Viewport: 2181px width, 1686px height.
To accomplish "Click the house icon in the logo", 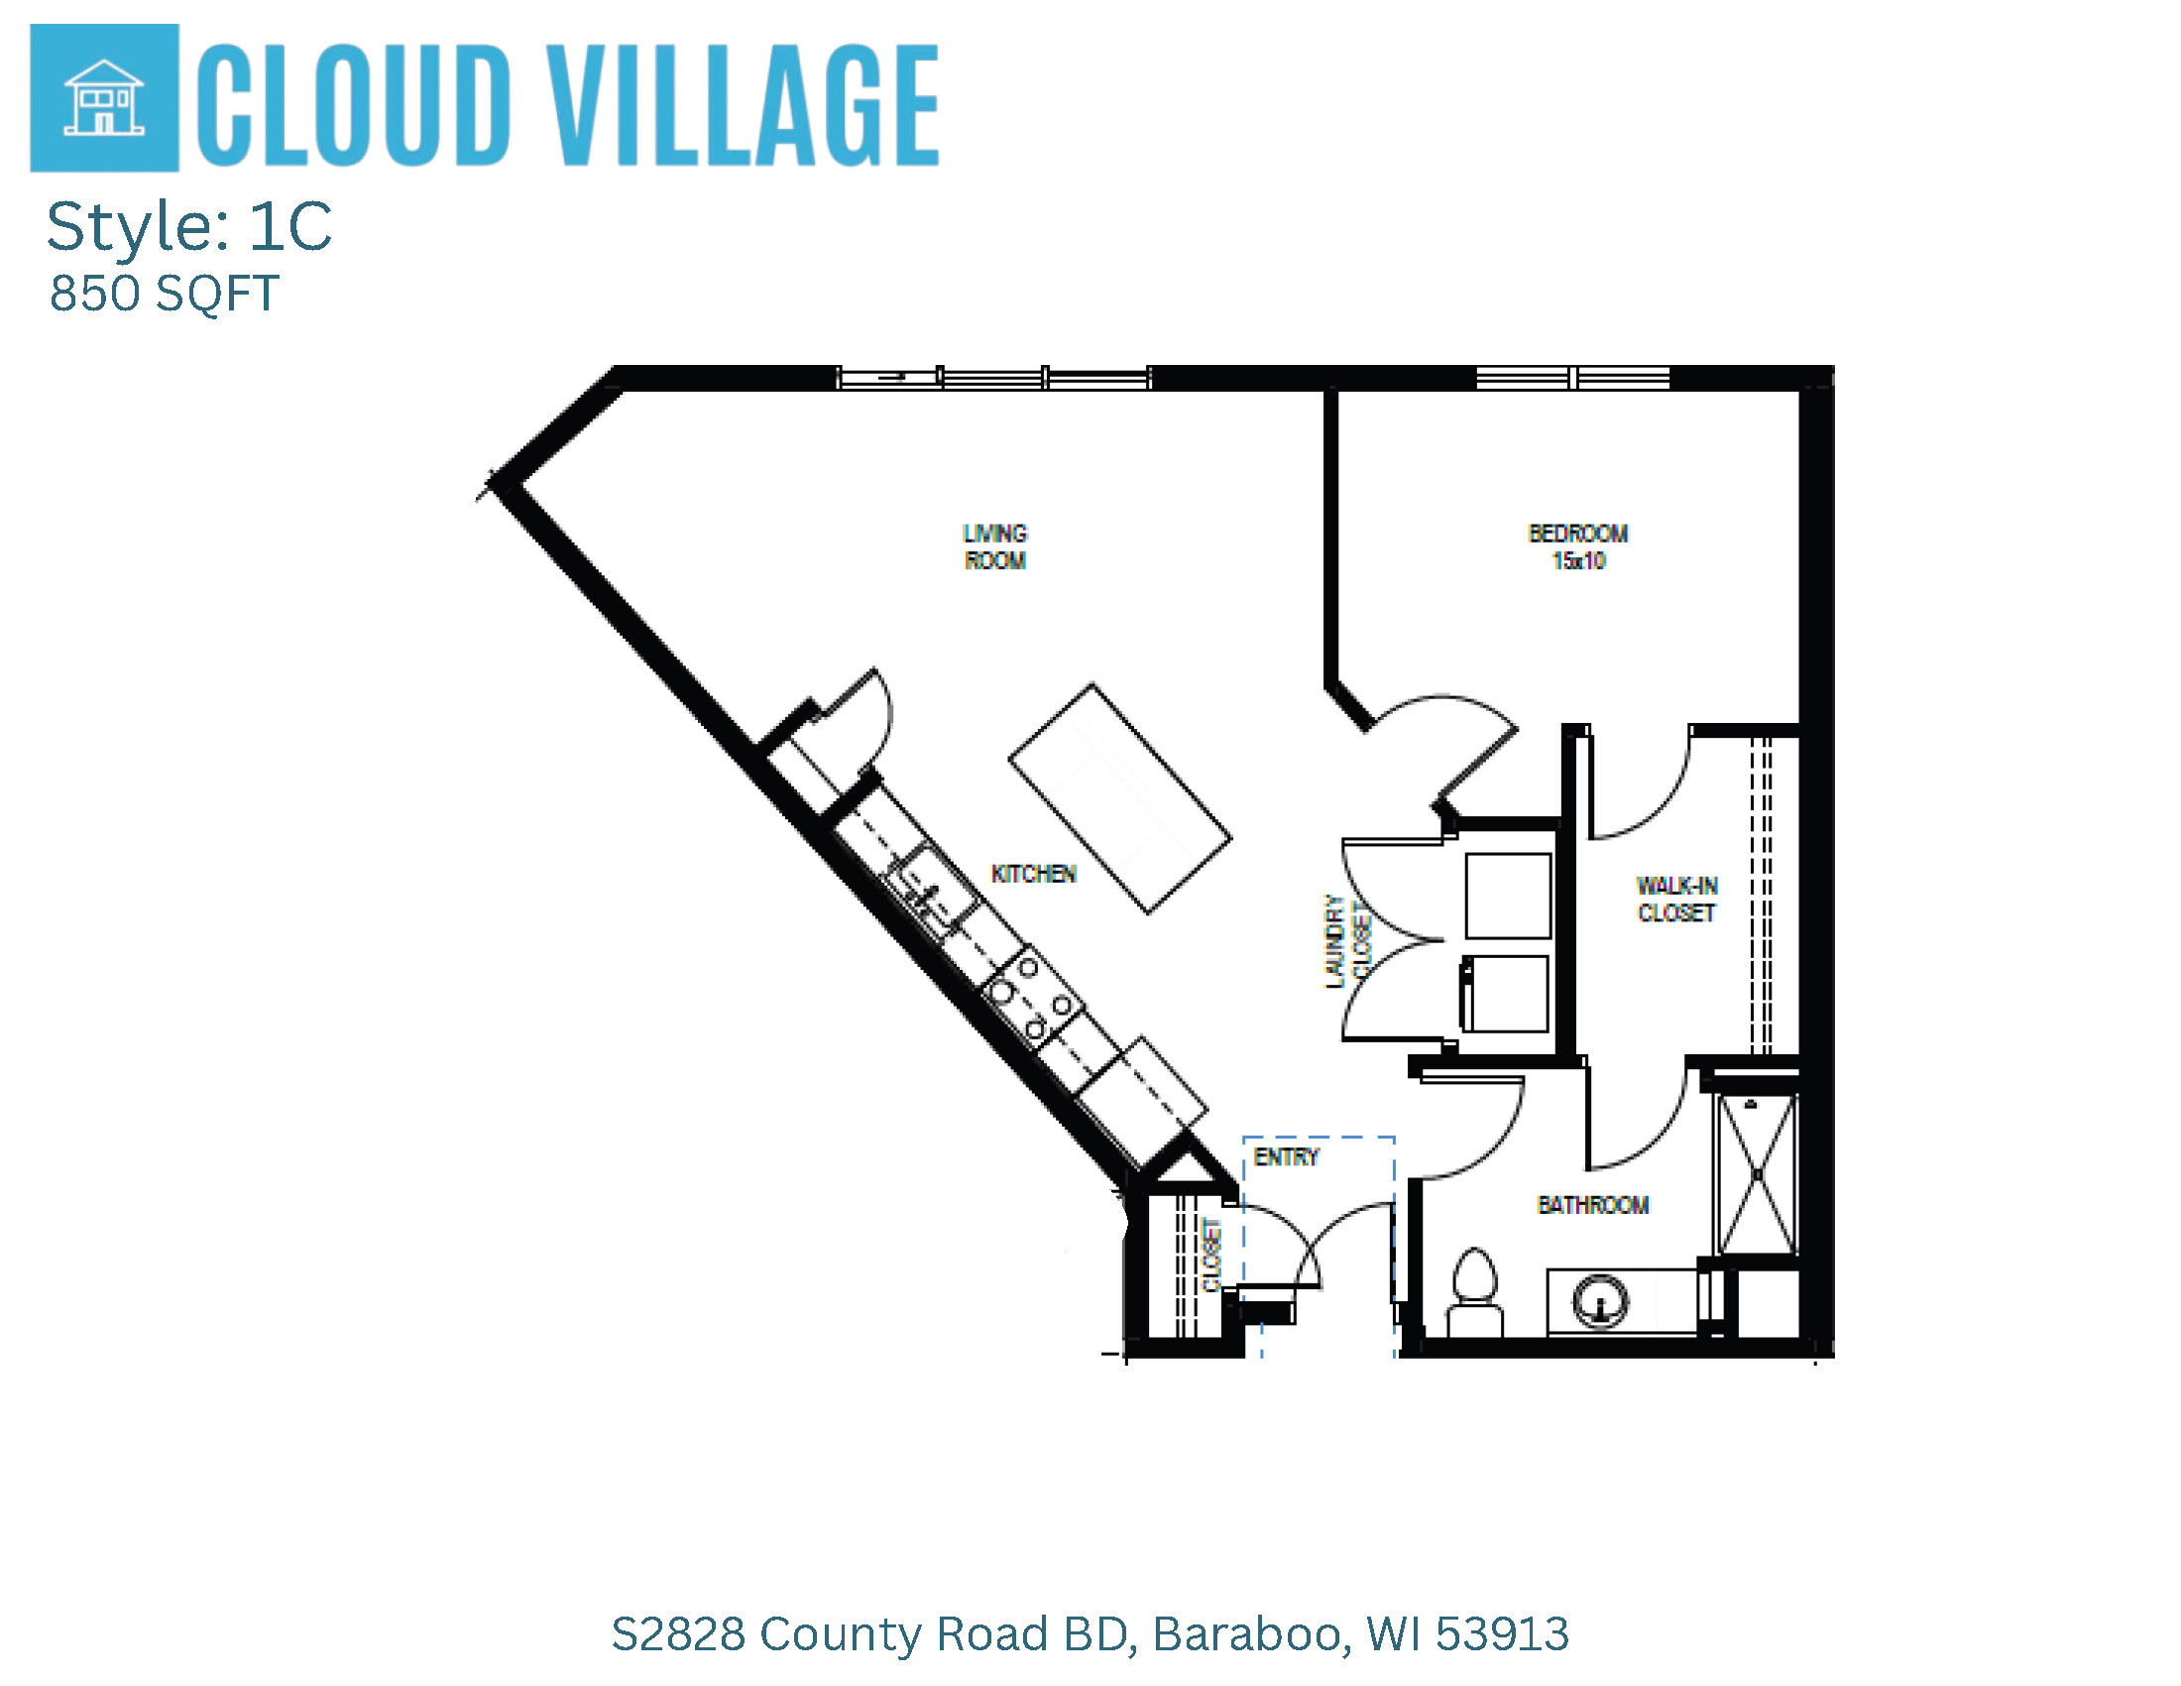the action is pos(104,97).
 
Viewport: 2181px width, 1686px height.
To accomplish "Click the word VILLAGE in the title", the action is pos(746,105).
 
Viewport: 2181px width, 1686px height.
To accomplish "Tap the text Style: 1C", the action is pos(188,226).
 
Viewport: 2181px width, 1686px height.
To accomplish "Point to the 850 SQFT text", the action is pos(164,294).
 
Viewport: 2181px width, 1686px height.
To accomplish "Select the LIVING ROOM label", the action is pos(994,546).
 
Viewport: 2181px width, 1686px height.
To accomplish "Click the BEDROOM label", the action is pos(1578,534).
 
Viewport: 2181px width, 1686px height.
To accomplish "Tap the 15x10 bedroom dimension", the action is pos(1578,560).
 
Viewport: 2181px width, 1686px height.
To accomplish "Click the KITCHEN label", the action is pos(1034,874).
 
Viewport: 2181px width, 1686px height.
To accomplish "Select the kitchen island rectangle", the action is pos(1119,798).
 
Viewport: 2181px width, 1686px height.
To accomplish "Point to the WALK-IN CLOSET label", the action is pos(1676,899).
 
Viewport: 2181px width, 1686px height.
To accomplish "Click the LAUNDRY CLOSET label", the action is pos(1347,942).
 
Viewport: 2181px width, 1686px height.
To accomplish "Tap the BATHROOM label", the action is pos(1593,1205).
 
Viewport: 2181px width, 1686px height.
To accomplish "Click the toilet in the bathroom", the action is pos(1474,1292).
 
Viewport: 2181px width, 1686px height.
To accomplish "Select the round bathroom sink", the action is pos(1600,1301).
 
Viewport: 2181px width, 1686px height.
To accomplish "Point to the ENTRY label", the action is pos(1286,1156).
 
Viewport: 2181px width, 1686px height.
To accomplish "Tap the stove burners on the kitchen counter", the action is pos(1033,997).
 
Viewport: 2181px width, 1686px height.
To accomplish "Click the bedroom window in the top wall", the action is pos(1573,378).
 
